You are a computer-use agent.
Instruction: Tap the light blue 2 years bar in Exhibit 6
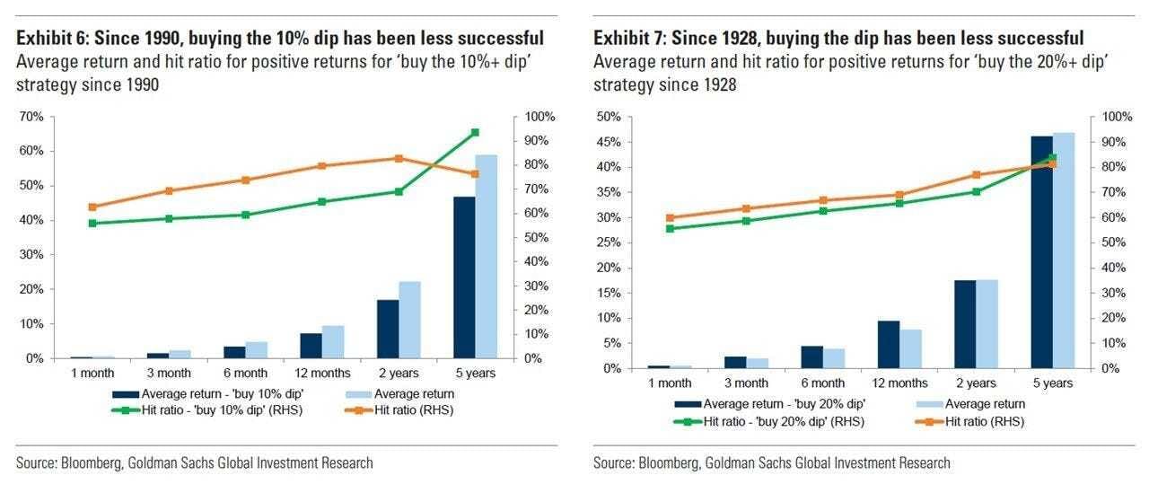tap(409, 320)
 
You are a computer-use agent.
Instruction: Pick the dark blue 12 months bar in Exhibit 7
tap(888, 344)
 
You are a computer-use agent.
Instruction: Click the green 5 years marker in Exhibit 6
tap(475, 132)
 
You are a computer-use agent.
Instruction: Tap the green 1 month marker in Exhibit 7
tap(669, 228)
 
